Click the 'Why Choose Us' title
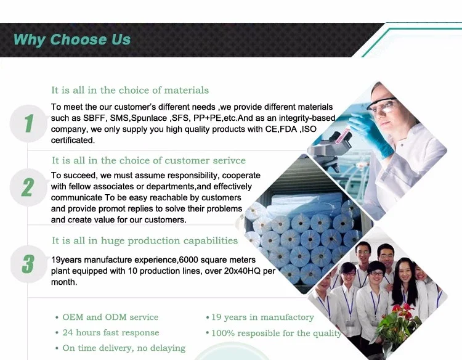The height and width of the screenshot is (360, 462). (x=71, y=40)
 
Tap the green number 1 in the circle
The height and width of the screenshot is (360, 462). (x=28, y=123)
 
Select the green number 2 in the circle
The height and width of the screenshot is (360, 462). (x=27, y=187)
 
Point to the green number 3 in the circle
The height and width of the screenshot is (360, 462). (x=28, y=264)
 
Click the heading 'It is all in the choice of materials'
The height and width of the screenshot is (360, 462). (x=130, y=90)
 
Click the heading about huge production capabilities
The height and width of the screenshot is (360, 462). (x=145, y=241)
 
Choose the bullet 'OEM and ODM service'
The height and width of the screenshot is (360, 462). (x=110, y=317)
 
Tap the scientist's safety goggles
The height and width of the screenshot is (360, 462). (x=383, y=104)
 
